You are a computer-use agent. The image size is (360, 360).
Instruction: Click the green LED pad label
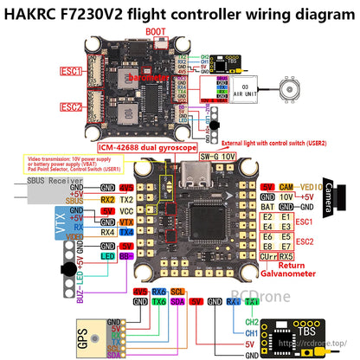coord(106,257)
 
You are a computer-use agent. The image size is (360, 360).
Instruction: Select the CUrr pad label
coord(268,256)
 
